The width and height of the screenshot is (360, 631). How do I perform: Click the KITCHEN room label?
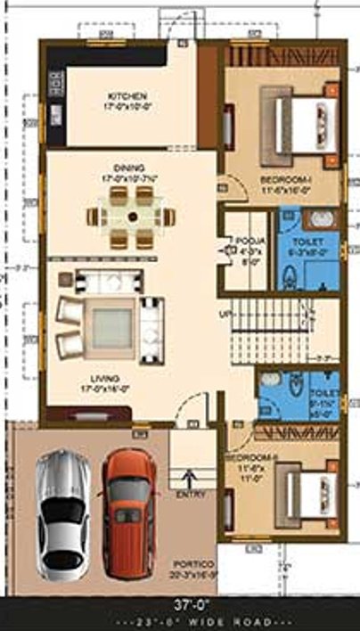click(127, 96)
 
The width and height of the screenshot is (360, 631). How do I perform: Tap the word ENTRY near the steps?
click(192, 494)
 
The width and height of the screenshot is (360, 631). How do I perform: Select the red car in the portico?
click(127, 504)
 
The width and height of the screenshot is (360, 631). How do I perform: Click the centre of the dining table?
click(132, 217)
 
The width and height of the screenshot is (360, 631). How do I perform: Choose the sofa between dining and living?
click(108, 282)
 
